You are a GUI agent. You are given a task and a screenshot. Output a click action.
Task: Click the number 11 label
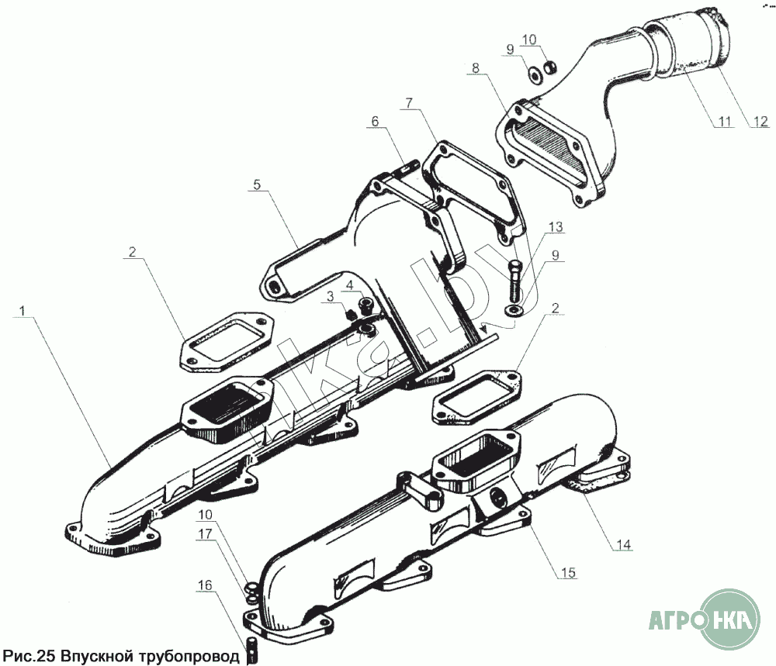pos(724,122)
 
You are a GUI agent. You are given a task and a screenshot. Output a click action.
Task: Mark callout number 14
pos(620,545)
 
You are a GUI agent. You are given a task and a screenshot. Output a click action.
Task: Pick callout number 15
pos(569,573)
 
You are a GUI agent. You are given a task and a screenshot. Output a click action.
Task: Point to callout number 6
pos(376,121)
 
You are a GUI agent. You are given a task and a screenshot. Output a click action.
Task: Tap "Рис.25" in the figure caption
pos(28,656)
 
